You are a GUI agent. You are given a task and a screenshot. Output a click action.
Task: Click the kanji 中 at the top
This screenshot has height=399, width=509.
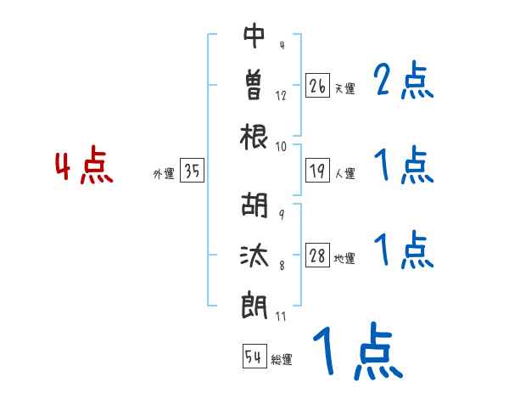pos(255,36)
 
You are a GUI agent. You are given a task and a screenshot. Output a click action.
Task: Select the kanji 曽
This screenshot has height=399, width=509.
pos(255,84)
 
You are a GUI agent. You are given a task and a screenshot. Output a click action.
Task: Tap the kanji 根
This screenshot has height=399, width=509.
pos(255,136)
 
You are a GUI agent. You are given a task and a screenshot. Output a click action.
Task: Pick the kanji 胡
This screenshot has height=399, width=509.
pos(255,206)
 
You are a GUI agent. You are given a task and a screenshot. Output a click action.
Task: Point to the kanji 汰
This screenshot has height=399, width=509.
pos(255,255)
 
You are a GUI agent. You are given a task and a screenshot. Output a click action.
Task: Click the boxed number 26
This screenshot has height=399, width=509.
pos(317,86)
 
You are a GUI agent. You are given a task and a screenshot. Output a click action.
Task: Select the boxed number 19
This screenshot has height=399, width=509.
pos(317,171)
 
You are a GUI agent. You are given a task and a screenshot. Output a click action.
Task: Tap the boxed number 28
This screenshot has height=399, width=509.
pos(317,256)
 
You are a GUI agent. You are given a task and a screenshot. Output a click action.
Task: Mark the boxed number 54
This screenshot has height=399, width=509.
pos(254,357)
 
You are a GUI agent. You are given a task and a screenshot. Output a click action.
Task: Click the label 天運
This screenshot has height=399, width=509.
pos(344,88)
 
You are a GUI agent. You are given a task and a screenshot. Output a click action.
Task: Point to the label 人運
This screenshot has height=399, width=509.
pos(344,174)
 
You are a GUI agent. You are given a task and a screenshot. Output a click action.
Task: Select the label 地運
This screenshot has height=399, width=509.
pos(344,258)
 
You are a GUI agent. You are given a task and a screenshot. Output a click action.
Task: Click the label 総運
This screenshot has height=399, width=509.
pos(282,360)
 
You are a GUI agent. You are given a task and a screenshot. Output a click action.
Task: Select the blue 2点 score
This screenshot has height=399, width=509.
pos(404,82)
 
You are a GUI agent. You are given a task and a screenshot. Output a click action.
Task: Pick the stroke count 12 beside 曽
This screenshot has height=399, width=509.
pos(281,95)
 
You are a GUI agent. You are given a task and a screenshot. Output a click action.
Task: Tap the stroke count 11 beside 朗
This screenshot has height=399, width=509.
pos(282,316)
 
